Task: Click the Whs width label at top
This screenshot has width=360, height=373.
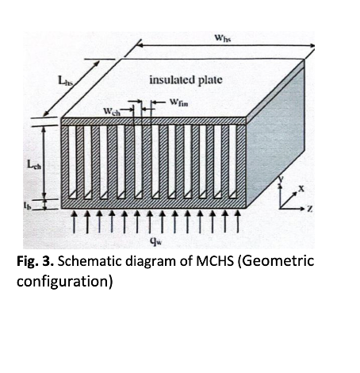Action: [x=223, y=38]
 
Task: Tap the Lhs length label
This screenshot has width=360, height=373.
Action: [x=65, y=80]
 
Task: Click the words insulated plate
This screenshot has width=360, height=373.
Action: [x=186, y=79]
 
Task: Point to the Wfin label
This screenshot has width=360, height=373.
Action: [x=179, y=102]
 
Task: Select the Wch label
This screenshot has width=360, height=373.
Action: [x=112, y=111]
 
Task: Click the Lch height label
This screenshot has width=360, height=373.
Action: [x=34, y=164]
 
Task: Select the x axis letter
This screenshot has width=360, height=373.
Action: [x=301, y=189]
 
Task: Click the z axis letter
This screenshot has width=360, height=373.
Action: [x=310, y=209]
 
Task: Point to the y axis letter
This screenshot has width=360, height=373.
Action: [x=281, y=179]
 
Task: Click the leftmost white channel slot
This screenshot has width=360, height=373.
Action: [x=72, y=162]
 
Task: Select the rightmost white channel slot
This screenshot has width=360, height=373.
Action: [x=232, y=161]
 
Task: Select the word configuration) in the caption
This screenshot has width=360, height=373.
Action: [x=65, y=281]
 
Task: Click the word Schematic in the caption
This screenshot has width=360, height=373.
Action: [x=90, y=261]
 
